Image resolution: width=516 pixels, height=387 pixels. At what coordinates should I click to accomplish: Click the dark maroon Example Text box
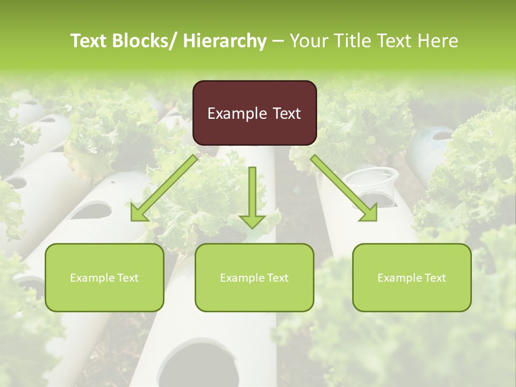(x=254, y=113)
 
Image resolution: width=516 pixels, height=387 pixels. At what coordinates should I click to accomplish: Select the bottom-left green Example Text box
(x=104, y=277)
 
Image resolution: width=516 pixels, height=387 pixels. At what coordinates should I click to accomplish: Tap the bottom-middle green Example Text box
(x=254, y=277)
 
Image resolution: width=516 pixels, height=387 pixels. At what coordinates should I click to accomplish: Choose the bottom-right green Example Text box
(x=412, y=277)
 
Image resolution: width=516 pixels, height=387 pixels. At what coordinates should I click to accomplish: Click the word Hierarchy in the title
(x=224, y=41)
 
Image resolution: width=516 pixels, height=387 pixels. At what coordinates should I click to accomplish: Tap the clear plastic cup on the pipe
(x=370, y=183)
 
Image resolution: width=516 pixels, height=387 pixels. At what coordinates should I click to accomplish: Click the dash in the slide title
(x=278, y=41)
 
